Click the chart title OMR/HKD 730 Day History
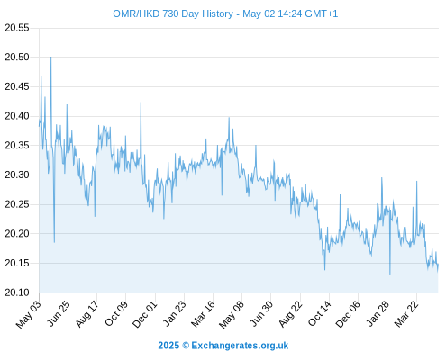(173, 13)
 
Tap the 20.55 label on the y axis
(17, 28)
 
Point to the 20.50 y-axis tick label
(17, 57)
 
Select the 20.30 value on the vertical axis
(17, 175)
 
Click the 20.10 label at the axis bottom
(17, 292)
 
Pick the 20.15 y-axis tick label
(17, 263)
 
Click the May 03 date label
(29, 314)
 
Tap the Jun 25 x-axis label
(59, 313)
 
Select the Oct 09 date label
(116, 313)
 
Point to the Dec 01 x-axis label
(145, 314)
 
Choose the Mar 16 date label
(203, 313)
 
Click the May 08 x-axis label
(232, 314)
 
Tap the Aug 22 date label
(291, 313)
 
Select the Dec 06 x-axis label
(348, 314)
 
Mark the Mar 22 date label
(406, 313)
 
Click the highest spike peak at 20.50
(50, 57)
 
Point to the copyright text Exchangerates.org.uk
(240, 346)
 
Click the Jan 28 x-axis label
(378, 313)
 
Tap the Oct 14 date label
(319, 313)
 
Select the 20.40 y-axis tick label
(17, 116)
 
